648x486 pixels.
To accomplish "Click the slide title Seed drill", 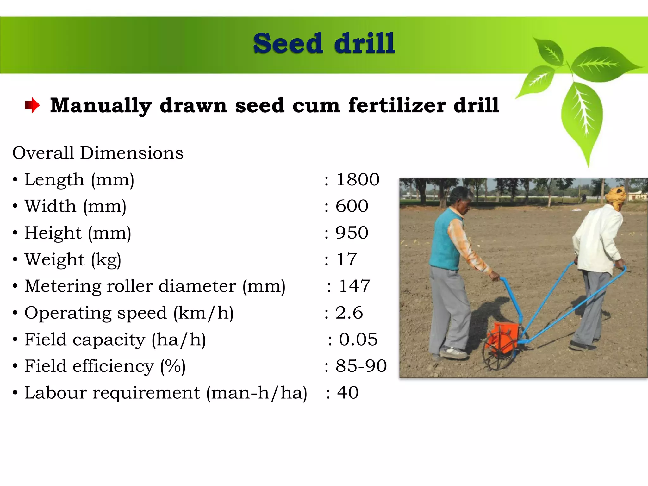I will (324, 44).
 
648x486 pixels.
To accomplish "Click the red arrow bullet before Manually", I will (32, 105).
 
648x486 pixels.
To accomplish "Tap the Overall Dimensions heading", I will (98, 153).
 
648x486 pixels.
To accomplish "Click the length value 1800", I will (358, 180).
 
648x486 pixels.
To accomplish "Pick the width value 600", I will (352, 206).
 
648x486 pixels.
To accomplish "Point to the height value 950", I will (352, 233).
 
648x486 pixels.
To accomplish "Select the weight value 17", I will (346, 259).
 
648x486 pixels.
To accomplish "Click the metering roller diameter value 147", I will (354, 286).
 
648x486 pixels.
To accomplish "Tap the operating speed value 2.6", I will (349, 313).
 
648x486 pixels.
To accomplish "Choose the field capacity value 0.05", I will (358, 340).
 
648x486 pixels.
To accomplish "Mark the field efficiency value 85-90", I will (361, 366).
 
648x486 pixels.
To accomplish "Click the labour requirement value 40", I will (348, 393).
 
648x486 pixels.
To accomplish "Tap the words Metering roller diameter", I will (130, 286).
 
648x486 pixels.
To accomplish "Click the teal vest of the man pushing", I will (445, 242).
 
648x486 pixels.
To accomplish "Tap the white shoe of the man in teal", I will (453, 352).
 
